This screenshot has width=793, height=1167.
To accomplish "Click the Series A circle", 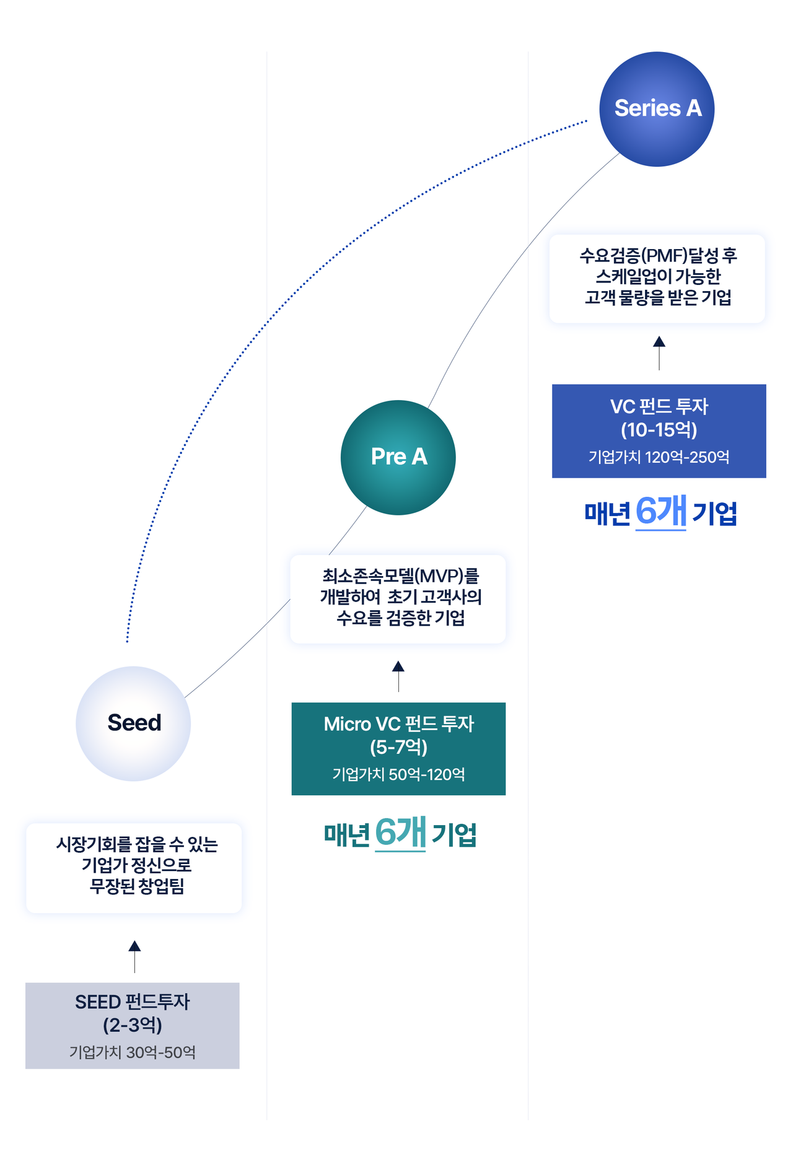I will click(x=657, y=109).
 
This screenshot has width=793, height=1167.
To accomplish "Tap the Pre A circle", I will click(x=398, y=457).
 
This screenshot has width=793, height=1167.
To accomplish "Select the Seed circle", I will click(x=133, y=723).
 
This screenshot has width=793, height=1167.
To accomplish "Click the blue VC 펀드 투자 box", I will click(x=659, y=431).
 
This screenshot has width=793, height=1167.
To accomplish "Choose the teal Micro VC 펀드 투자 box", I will click(x=398, y=748).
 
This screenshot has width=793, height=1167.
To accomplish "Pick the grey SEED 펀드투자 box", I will click(x=132, y=1025).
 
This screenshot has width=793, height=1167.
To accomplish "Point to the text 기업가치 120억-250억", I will click(x=659, y=457).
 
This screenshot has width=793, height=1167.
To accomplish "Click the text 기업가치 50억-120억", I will click(x=398, y=774).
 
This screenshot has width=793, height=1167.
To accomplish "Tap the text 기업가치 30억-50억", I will click(x=132, y=1052).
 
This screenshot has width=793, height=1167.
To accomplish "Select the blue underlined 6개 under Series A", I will click(x=661, y=512).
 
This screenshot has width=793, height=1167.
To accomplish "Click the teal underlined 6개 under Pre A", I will click(x=400, y=833).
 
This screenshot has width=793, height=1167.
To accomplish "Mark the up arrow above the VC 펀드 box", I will click(x=659, y=352).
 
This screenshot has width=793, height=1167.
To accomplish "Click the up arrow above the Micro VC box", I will click(x=398, y=675).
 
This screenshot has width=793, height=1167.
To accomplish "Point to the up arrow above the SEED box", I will click(x=134, y=956).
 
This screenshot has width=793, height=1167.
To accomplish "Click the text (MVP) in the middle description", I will click(x=440, y=576).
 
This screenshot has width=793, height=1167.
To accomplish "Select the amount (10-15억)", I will click(x=659, y=430).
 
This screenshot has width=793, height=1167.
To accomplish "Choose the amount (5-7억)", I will click(x=398, y=748).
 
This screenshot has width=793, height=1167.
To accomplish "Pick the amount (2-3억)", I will click(x=132, y=1025).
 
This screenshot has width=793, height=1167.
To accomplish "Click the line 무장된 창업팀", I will click(x=136, y=886).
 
